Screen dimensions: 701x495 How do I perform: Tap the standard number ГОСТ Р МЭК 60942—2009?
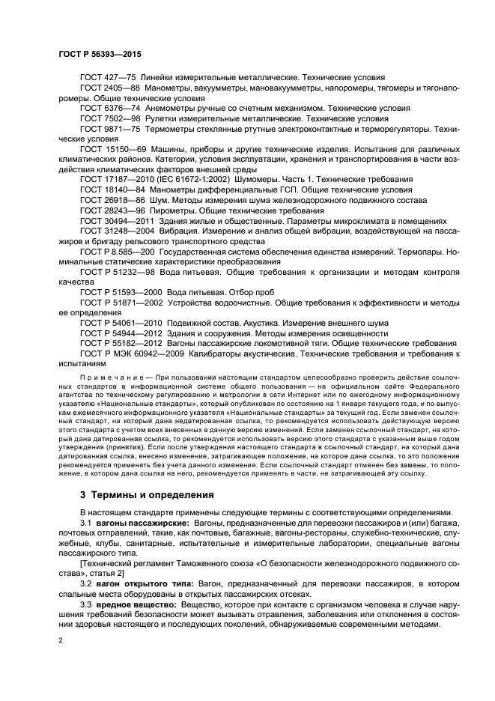tap(130, 354)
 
